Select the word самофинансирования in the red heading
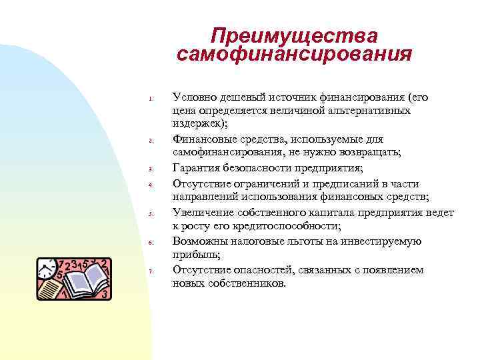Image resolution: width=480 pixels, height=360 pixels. click(294, 54)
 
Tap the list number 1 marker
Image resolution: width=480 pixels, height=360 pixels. click(152, 100)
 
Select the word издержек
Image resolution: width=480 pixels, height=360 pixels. click(199, 124)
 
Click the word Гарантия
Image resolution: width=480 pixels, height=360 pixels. click(196, 167)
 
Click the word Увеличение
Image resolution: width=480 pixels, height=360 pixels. click(202, 212)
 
